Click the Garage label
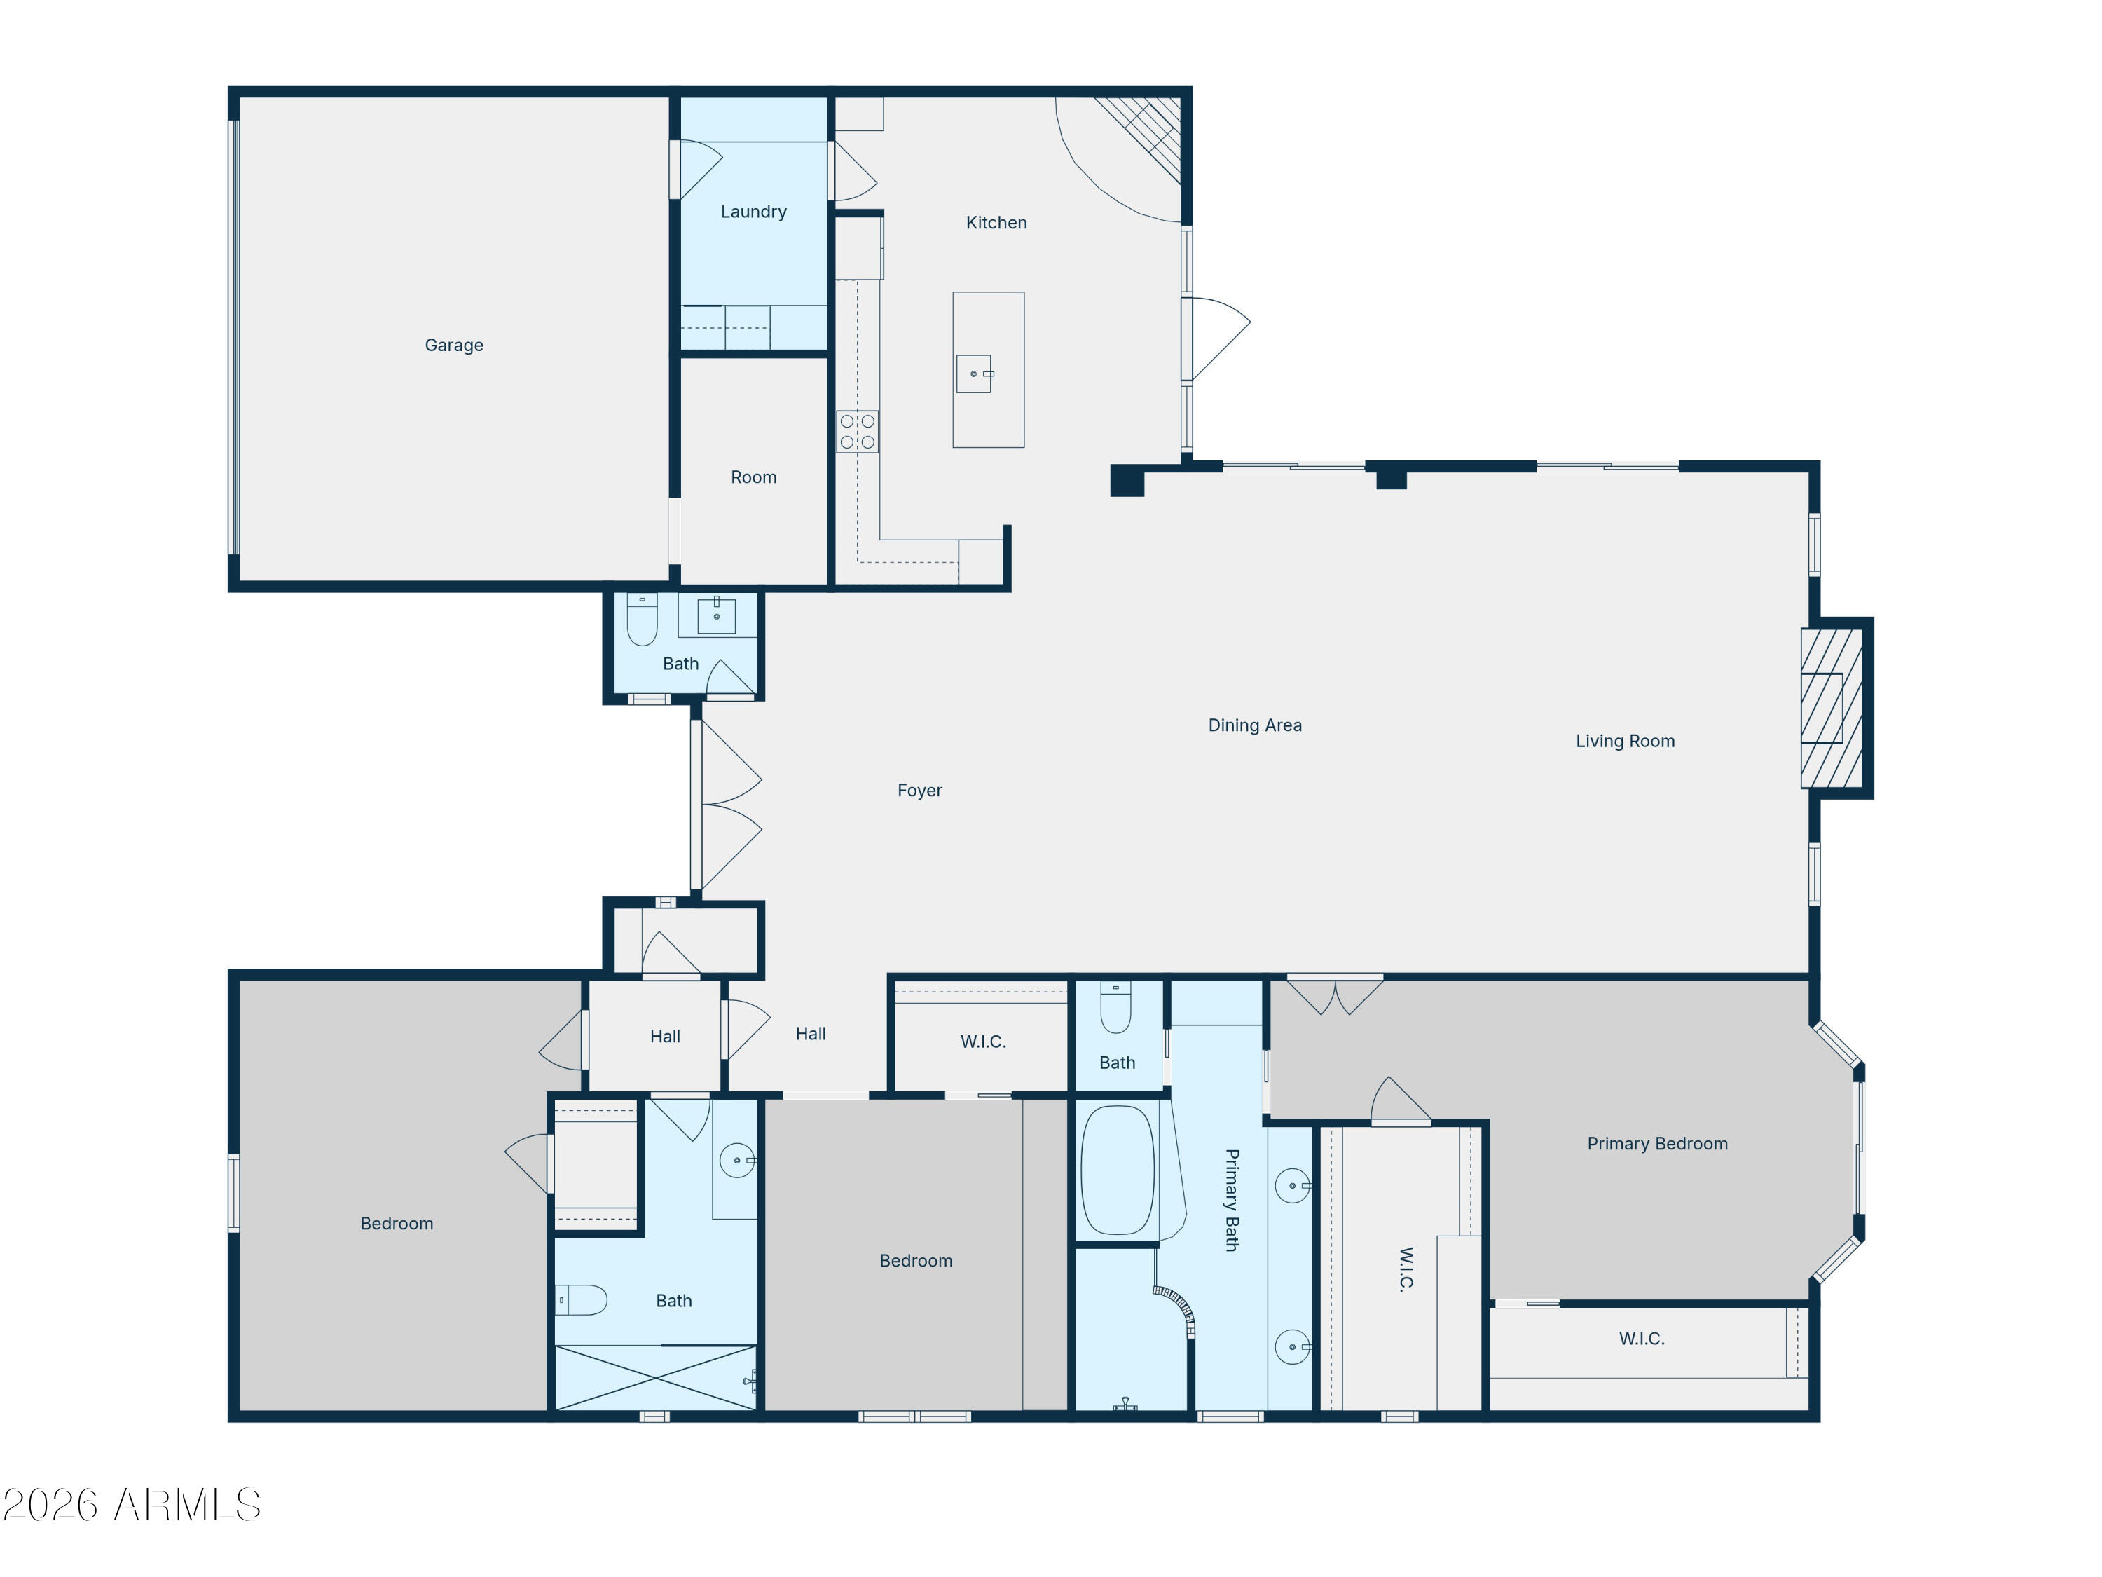pyautogui.click(x=453, y=345)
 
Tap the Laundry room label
pyautogui.click(x=753, y=211)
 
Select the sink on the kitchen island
pyautogui.click(x=974, y=374)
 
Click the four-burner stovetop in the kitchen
pyautogui.click(x=857, y=432)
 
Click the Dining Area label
pyautogui.click(x=1254, y=725)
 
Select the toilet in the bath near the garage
pyautogui.click(x=643, y=620)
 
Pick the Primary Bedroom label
pyautogui.click(x=1656, y=1144)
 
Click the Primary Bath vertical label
pyautogui.click(x=1232, y=1200)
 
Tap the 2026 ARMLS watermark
pyautogui.click(x=131, y=1505)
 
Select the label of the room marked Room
pyautogui.click(x=753, y=477)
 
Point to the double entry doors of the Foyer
pyautogui.click(x=727, y=805)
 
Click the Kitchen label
pyautogui.click(x=996, y=222)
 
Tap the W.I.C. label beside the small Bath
pyautogui.click(x=982, y=1042)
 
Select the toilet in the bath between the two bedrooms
pyautogui.click(x=582, y=1299)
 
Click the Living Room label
pyautogui.click(x=1624, y=742)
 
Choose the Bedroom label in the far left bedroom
pyautogui.click(x=397, y=1223)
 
